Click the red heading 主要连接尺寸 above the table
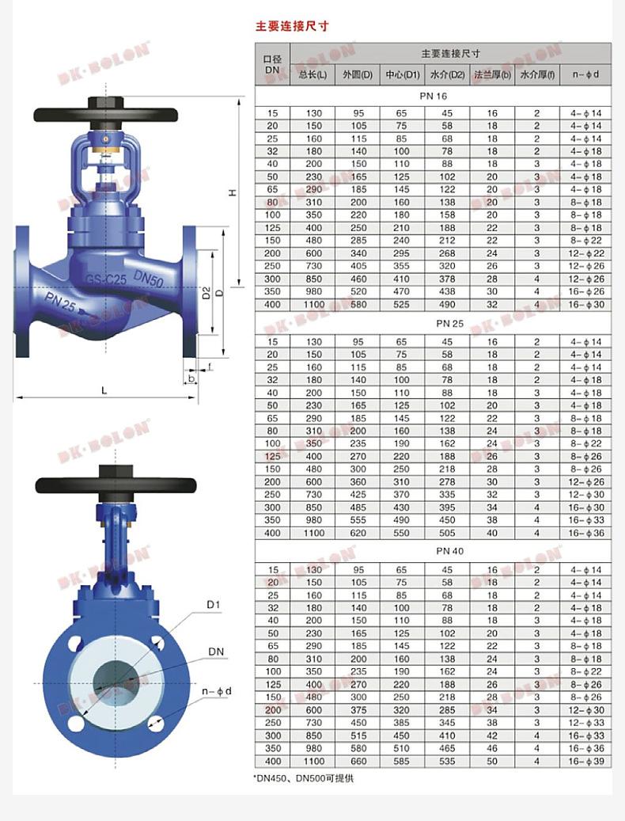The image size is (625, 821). (292, 25)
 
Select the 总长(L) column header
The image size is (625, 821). (312, 75)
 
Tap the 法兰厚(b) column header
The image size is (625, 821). (492, 75)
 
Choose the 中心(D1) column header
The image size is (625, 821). (402, 75)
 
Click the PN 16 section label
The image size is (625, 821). (433, 97)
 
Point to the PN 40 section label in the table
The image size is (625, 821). (450, 551)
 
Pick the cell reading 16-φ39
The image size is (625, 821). (585, 762)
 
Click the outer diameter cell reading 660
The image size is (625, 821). (358, 762)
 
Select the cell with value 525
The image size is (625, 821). (402, 304)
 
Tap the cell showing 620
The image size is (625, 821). (358, 533)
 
